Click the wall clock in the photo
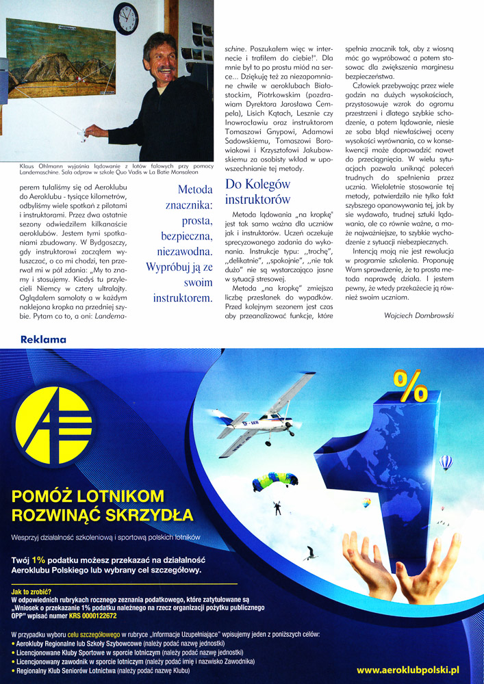pyautogui.click(x=125, y=18)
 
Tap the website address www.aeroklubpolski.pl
pyautogui.click(x=407, y=670)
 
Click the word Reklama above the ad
pyautogui.click(x=43, y=339)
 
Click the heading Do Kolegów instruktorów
pyautogui.click(x=258, y=192)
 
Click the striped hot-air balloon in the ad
pyautogui.click(x=446, y=462)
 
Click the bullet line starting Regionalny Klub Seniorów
pyautogui.click(x=101, y=672)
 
